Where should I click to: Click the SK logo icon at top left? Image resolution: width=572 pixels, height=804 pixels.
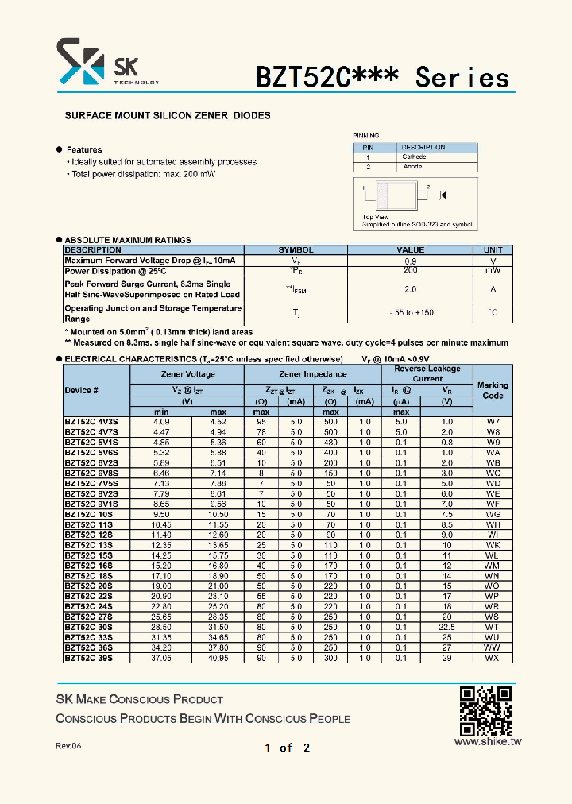pyautogui.click(x=80, y=63)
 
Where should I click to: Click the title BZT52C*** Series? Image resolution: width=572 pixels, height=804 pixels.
pyautogui.click(x=381, y=77)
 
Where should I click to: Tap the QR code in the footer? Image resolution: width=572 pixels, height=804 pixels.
pyautogui.click(x=485, y=710)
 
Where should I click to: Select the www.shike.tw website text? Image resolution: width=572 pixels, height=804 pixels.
pyautogui.click(x=487, y=741)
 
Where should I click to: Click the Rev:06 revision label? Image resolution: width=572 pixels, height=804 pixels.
pyautogui.click(x=68, y=746)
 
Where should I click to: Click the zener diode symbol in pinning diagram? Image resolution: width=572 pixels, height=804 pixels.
pyautogui.click(x=446, y=194)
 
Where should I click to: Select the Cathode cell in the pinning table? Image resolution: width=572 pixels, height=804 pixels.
pyautogui.click(x=414, y=157)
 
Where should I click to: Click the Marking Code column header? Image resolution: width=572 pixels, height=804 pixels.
pyautogui.click(x=493, y=389)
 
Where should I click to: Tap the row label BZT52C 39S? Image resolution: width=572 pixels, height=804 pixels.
pyautogui.click(x=88, y=658)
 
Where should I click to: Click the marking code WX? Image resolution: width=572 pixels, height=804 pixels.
pyautogui.click(x=493, y=658)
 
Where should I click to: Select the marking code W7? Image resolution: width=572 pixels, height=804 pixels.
pyautogui.click(x=493, y=421)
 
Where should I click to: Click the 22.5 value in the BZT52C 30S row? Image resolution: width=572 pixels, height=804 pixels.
pyautogui.click(x=446, y=627)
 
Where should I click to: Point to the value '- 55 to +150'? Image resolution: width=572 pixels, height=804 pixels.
pyautogui.click(x=411, y=313)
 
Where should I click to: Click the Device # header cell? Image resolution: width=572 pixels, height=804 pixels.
pyautogui.click(x=82, y=390)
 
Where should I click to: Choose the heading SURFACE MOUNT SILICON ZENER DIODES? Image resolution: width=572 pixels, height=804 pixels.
pyautogui.click(x=168, y=115)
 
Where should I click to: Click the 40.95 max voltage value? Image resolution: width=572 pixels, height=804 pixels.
pyautogui.click(x=218, y=658)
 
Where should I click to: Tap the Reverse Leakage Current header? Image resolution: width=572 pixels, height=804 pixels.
pyautogui.click(x=427, y=373)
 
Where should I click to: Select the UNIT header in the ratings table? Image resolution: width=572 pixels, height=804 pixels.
pyautogui.click(x=493, y=249)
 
